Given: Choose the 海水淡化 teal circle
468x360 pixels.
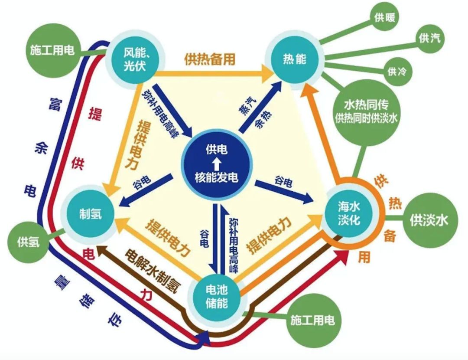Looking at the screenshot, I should (x=348, y=212).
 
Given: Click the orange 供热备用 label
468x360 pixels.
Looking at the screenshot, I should (x=210, y=59).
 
